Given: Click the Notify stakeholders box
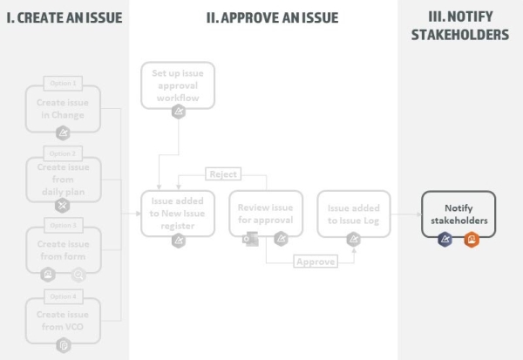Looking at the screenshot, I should coord(458,214).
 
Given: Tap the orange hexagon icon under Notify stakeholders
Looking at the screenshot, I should coord(472,239).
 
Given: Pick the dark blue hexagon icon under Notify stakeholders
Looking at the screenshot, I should coord(445,239).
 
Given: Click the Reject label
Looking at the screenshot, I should coord(222,174).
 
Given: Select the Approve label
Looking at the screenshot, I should coord(315,262).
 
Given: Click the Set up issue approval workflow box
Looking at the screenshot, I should coord(178,85).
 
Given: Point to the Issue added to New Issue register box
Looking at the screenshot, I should coord(178,214).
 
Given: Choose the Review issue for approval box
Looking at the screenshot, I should coord(266,214).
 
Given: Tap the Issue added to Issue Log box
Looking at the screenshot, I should coord(354,214).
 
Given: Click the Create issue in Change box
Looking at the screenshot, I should coord(63,107).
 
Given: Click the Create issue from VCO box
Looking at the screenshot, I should coord(63,320).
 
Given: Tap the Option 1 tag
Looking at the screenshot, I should coord(63,84).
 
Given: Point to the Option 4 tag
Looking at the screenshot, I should coord(63,297).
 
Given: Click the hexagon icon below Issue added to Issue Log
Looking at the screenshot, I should coord(354,239).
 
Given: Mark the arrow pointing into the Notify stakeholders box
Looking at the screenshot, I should coord(415,214).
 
